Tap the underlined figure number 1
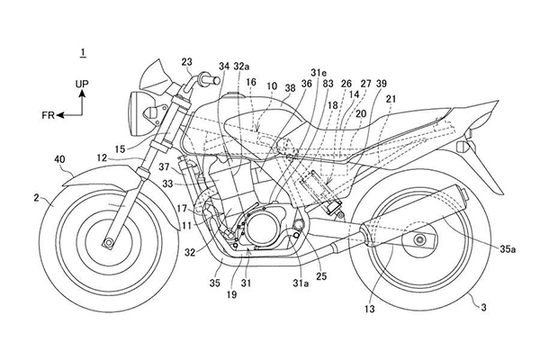pos(84,54)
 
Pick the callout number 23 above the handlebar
pos(186,62)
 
